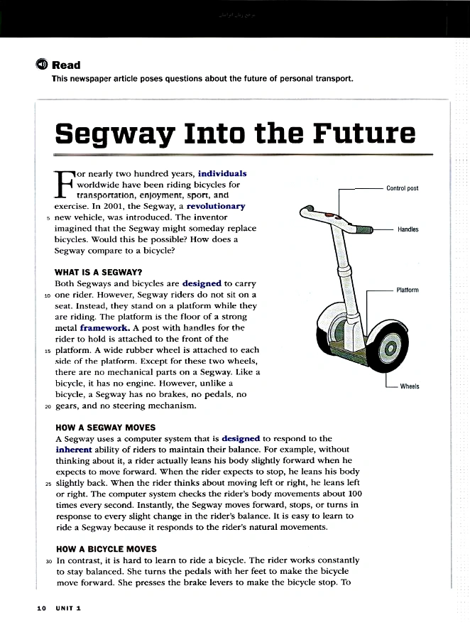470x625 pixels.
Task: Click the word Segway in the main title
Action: (x=114, y=133)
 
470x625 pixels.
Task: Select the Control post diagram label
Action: (x=402, y=188)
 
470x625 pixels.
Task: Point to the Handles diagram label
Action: (x=408, y=229)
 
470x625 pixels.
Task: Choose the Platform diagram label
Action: (x=407, y=290)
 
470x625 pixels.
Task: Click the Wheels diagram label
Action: (x=409, y=386)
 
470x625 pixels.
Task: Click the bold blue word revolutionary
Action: (x=216, y=206)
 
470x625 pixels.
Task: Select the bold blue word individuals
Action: (x=222, y=173)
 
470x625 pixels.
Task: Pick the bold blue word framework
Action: (x=105, y=328)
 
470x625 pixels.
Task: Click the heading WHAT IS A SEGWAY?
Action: (x=99, y=271)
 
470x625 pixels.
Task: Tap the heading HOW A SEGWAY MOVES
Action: (x=105, y=428)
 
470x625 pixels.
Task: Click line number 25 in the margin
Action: (x=48, y=482)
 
